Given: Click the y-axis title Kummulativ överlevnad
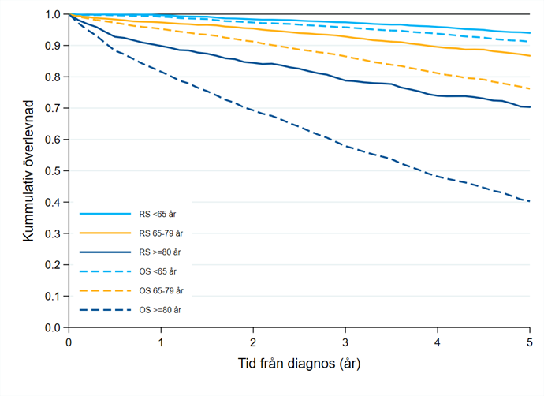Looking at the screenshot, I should [28, 170].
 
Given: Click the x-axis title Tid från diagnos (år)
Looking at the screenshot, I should [299, 365].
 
